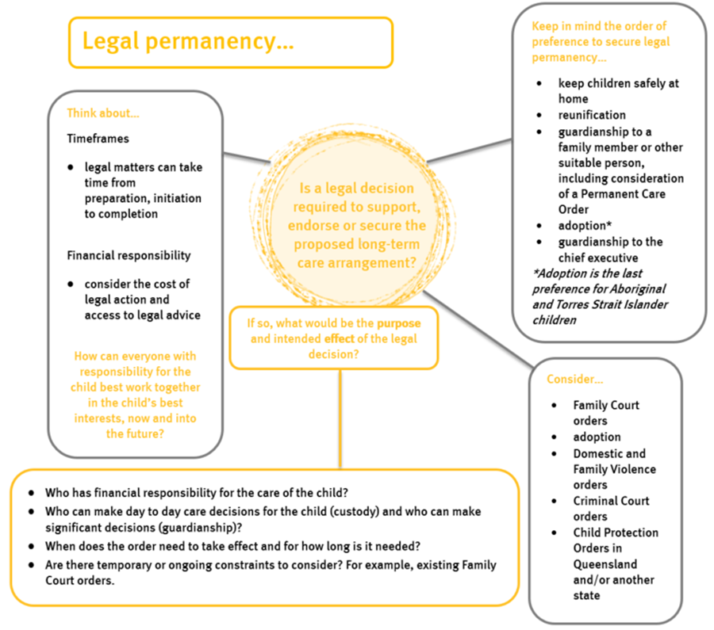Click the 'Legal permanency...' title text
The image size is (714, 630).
pyautogui.click(x=188, y=42)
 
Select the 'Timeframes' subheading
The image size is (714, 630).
pyautogui.click(x=98, y=138)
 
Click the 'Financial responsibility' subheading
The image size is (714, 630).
pyautogui.click(x=129, y=256)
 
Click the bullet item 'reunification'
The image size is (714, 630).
pyautogui.click(x=592, y=115)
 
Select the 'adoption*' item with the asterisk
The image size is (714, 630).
pyautogui.click(x=586, y=226)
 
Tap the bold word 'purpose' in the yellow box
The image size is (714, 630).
pyautogui.click(x=399, y=323)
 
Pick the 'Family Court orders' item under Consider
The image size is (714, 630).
pyautogui.click(x=606, y=413)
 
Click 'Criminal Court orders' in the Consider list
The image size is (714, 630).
pyautogui.click(x=611, y=508)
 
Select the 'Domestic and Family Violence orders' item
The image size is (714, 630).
pyautogui.click(x=609, y=468)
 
